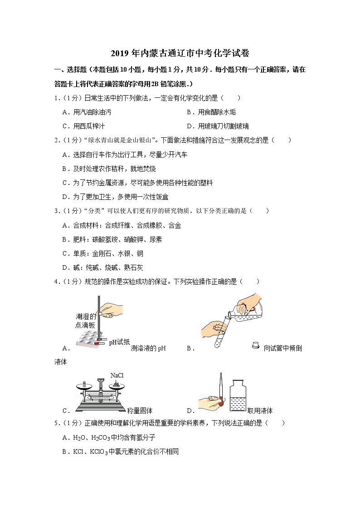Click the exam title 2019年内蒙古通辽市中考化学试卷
pyautogui.click(x=180, y=53)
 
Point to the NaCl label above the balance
pyautogui.click(x=117, y=376)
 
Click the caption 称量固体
pyautogui.click(x=140, y=411)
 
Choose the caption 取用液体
pyautogui.click(x=260, y=411)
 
